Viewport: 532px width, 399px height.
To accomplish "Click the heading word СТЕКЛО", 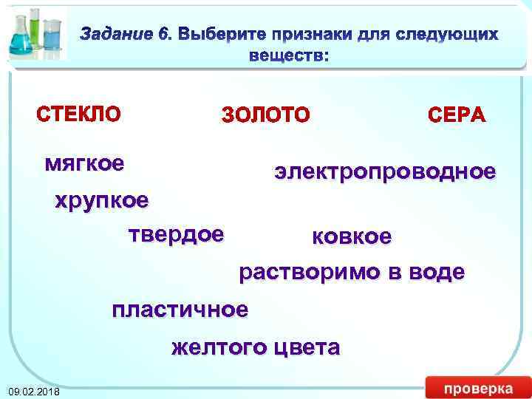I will click(x=78, y=115).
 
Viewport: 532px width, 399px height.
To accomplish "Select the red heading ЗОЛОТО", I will click(x=266, y=115).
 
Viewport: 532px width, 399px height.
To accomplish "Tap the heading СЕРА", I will click(x=457, y=115).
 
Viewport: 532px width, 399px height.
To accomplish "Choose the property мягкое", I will click(x=84, y=162).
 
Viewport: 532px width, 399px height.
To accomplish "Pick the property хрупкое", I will click(x=102, y=200).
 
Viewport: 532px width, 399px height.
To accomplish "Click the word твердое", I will click(x=176, y=234).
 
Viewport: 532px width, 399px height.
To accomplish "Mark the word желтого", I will click(x=219, y=347).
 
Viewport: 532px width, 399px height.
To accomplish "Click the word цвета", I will click(x=306, y=347).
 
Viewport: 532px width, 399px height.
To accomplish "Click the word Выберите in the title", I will click(x=222, y=34).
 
